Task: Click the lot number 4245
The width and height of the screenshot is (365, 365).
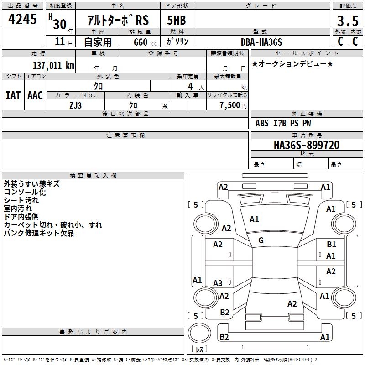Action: (x=23, y=20)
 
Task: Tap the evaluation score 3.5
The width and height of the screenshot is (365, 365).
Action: (x=347, y=21)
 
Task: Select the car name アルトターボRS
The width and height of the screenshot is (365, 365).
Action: (x=118, y=21)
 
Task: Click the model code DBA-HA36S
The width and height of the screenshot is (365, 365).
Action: (x=261, y=42)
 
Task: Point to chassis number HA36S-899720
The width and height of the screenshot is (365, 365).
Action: (x=307, y=145)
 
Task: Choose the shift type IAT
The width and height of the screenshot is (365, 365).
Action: (x=13, y=95)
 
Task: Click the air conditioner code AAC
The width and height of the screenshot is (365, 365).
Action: (x=35, y=95)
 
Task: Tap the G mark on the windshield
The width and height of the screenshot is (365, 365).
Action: (x=261, y=240)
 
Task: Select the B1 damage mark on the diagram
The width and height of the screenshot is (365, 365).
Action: (x=331, y=245)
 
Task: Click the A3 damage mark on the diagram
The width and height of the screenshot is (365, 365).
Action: (x=218, y=283)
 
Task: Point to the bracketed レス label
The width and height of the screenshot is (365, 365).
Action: (x=200, y=349)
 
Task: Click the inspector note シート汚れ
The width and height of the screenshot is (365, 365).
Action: (x=21, y=200)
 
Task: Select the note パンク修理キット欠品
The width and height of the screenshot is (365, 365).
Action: (x=39, y=233)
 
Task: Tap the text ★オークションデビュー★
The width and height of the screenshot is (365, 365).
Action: (x=292, y=63)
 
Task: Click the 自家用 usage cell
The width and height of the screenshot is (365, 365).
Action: (x=98, y=42)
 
